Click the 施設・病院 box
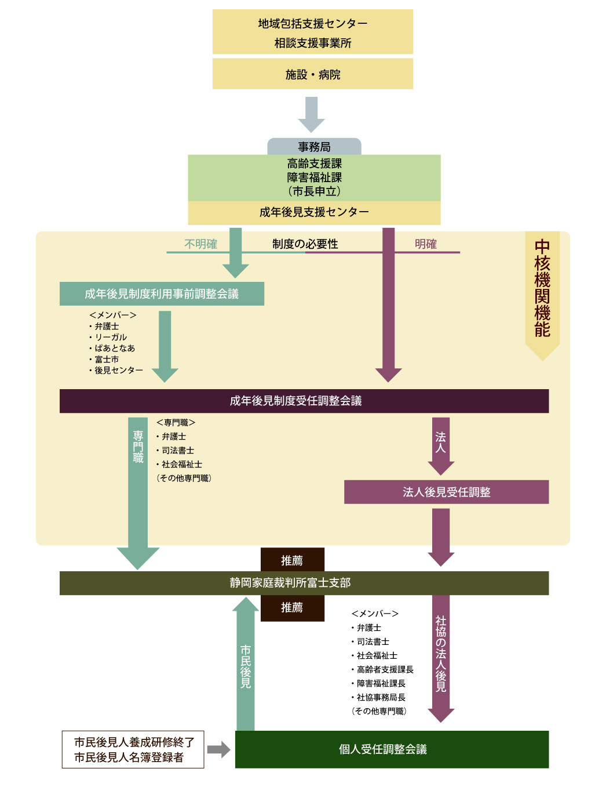coord(313,74)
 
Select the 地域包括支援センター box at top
coord(313,32)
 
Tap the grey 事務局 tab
coord(314,147)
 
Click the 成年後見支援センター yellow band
coord(314,212)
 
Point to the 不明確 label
coord(200,244)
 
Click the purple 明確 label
coord(425,244)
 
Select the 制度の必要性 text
coord(305,244)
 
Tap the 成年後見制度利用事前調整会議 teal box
coord(162,294)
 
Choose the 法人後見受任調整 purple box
coord(446,492)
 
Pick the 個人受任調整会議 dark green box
coord(392,749)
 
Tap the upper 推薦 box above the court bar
coord(292,560)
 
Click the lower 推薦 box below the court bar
coord(292,608)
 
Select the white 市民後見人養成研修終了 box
coord(133,749)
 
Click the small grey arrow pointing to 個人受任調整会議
coord(218,750)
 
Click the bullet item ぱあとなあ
coord(115,348)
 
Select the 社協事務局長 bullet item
coord(381,697)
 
